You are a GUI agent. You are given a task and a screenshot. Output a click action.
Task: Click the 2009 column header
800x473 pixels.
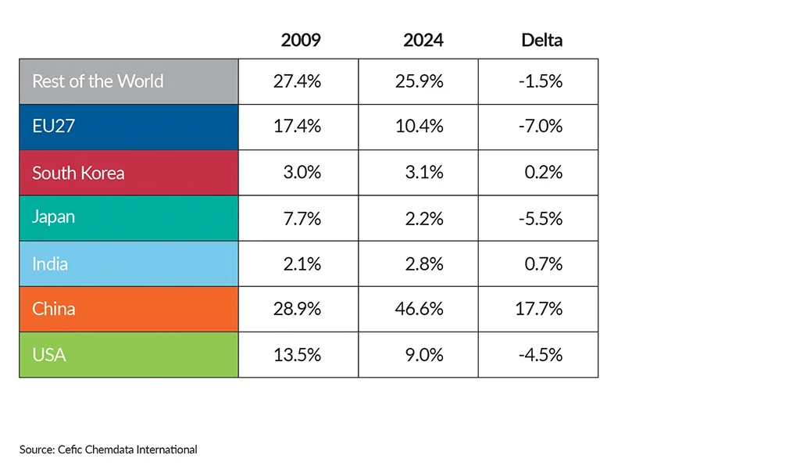pos(301,40)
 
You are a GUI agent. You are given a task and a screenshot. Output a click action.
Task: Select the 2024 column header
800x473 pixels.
pos(423,40)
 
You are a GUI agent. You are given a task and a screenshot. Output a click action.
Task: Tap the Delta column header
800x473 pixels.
pos(541,40)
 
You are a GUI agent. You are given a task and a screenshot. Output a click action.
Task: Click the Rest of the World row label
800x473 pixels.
pos(98,81)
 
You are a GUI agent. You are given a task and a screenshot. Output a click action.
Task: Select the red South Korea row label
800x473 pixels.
pos(78,173)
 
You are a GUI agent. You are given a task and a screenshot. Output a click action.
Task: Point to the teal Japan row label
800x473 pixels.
pos(54,217)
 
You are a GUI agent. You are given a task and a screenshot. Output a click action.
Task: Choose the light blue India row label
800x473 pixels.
pos(50,263)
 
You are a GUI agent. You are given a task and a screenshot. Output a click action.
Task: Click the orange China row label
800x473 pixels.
pos(54,309)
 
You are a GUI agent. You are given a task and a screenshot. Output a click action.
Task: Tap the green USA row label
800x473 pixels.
pos(48,355)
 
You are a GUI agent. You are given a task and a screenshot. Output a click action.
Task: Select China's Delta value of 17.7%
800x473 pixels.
pos(540,309)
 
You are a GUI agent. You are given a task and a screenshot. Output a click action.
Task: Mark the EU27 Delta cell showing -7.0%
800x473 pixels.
pos(540,127)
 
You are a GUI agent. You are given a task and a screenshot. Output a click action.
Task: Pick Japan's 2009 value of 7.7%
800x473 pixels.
pos(302,218)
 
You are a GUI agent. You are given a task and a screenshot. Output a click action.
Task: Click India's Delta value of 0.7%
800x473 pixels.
pos(543,263)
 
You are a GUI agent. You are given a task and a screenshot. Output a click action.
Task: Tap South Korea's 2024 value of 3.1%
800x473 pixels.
pos(424,173)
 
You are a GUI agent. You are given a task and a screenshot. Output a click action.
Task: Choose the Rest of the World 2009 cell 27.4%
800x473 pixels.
pos(297,81)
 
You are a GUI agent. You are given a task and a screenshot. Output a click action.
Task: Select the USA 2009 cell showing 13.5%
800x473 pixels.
pos(297,355)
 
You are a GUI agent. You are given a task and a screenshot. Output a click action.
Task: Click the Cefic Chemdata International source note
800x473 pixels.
pos(109,450)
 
